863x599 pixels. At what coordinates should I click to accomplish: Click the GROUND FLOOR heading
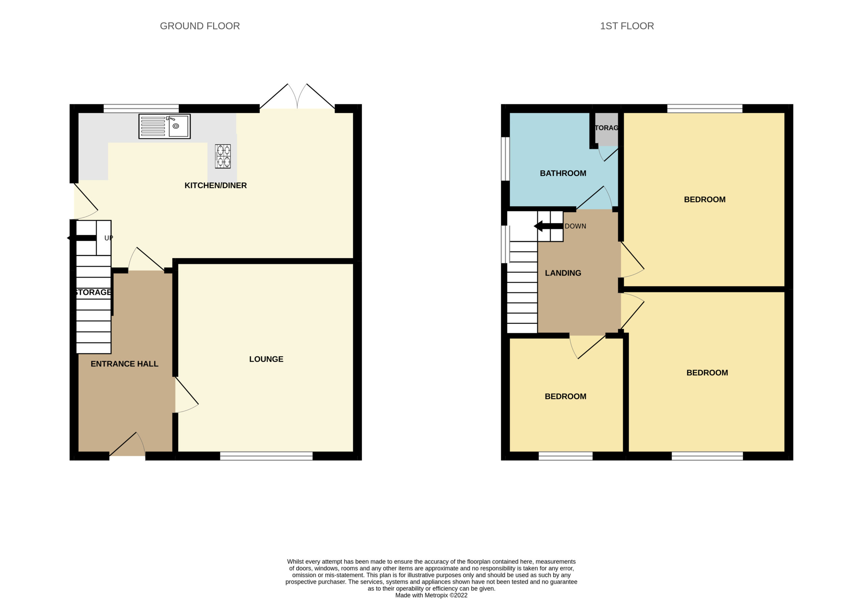[x=200, y=26]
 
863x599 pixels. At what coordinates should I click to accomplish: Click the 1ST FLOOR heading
[x=627, y=26]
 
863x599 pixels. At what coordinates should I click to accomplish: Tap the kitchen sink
[x=165, y=126]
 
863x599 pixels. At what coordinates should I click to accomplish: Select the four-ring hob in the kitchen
[x=222, y=156]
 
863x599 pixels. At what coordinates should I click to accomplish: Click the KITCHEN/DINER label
[x=215, y=185]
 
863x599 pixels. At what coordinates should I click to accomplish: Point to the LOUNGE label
[x=266, y=359]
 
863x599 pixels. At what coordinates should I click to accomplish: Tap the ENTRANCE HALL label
[x=124, y=364]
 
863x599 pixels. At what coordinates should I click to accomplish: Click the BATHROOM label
[x=563, y=173]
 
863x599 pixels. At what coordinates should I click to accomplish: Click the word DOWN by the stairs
[x=575, y=226]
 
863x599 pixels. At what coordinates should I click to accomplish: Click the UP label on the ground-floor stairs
[x=109, y=238]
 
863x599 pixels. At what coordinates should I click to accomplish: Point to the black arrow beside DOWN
[x=548, y=226]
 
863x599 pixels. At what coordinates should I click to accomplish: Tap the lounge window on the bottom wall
[x=266, y=456]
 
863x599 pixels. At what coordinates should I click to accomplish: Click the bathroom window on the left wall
[x=505, y=159]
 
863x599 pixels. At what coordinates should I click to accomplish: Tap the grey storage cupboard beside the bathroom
[x=606, y=129]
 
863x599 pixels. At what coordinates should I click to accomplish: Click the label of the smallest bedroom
[x=565, y=396]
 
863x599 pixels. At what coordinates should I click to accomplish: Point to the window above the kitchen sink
[x=141, y=109]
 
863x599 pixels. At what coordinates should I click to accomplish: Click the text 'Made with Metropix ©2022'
[x=431, y=595]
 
